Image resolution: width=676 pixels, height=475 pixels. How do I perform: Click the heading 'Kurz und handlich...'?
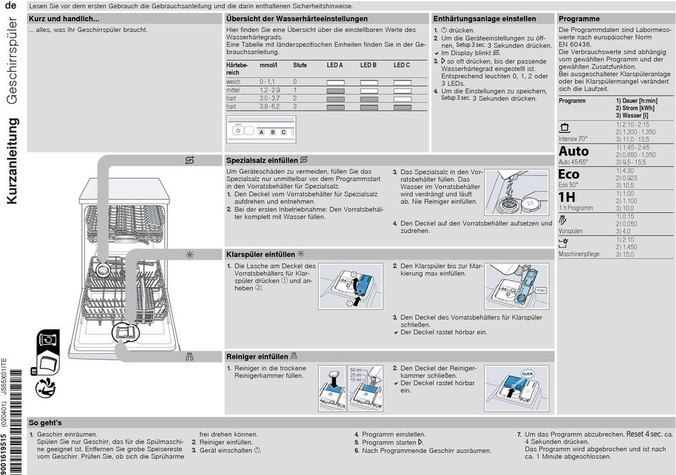pos(63,18)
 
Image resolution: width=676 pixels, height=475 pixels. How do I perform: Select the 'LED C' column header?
pos(402,65)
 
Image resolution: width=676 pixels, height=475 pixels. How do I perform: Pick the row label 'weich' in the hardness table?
pos(233,82)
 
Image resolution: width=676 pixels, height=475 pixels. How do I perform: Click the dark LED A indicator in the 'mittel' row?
pos(335,90)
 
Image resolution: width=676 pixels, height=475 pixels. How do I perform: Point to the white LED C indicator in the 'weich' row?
pos(402,82)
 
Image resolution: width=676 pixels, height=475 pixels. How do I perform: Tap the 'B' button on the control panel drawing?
pos(273,132)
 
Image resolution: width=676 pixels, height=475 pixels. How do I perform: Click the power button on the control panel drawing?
pos(238,132)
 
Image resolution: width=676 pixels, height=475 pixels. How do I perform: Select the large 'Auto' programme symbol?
pos(574,151)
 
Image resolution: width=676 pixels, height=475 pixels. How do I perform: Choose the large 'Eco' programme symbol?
pos(569,174)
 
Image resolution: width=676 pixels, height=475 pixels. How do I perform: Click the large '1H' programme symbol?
pos(566,197)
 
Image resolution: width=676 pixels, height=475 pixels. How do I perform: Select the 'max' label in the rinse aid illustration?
pos(541,290)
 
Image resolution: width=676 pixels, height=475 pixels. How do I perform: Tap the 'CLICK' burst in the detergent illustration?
pos(527,373)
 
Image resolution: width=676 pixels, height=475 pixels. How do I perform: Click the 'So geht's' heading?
pos(46,422)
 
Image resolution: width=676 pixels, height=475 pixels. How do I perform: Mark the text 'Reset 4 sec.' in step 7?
pos(644,434)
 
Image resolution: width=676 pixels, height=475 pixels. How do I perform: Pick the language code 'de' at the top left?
pos(10,6)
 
